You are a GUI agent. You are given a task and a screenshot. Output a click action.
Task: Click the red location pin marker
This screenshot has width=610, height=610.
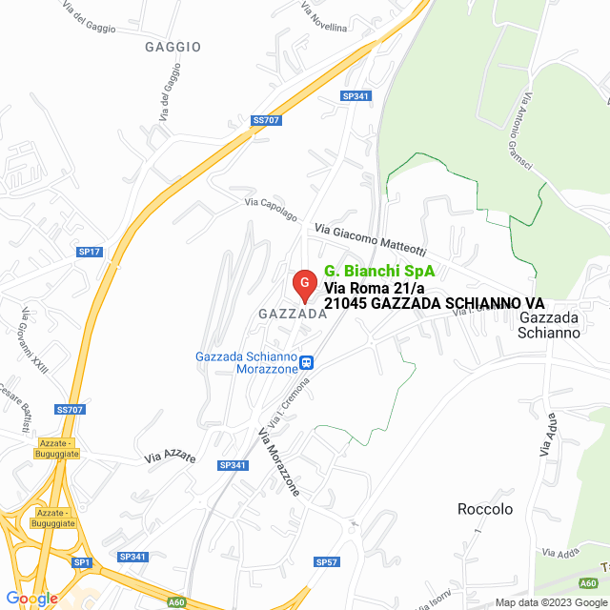pos(303,284)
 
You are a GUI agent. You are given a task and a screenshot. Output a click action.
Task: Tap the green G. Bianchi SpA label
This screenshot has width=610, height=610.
pos(373,270)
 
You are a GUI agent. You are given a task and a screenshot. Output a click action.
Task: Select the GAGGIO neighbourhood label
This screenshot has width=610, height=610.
pos(173,46)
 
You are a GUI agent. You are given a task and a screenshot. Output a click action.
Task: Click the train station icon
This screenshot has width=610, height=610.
pos(307,362)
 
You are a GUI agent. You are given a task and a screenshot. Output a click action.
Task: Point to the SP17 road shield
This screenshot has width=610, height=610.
pos(90,252)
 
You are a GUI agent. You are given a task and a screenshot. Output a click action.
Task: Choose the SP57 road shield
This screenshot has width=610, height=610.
pos(326,562)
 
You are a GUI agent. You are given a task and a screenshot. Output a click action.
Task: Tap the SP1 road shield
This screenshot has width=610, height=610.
pos(82,562)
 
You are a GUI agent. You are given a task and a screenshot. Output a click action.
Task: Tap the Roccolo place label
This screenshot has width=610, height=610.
pos(484,509)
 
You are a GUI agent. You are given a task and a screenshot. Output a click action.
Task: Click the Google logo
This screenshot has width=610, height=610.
pos(30,599)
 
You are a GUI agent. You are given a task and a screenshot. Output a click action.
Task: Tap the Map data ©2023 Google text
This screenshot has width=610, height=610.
pos(548,601)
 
